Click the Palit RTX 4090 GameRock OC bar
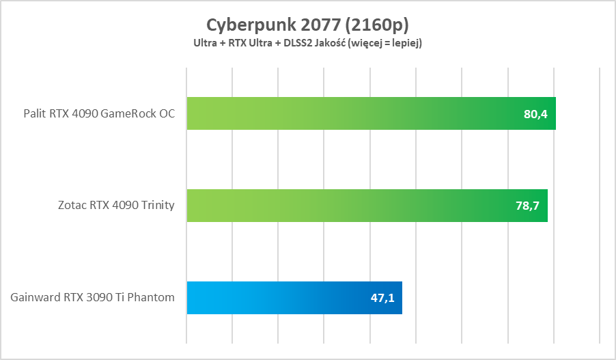(x=369, y=113)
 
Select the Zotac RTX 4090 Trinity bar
(x=365, y=206)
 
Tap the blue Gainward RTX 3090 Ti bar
(x=294, y=298)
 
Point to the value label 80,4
(x=535, y=114)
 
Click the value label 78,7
(x=527, y=206)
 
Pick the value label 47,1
(x=382, y=299)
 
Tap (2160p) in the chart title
(x=378, y=25)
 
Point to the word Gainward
(x=34, y=298)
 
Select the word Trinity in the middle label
(x=156, y=206)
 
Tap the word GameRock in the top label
(x=123, y=114)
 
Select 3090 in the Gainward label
(x=96, y=298)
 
